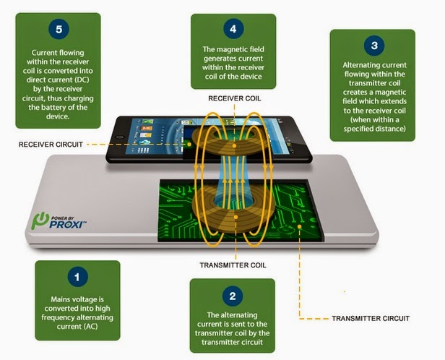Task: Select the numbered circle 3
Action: tap(373, 45)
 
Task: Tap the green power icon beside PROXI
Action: tap(40, 220)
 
